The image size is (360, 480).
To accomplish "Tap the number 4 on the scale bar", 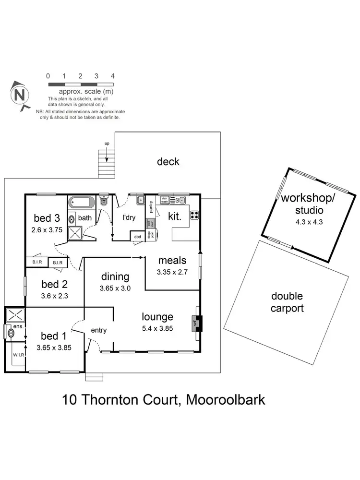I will pyautogui.click(x=112, y=76).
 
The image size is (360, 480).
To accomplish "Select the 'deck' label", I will pyautogui.click(x=168, y=162).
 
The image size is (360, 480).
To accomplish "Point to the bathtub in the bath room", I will pyautogui.click(x=82, y=203).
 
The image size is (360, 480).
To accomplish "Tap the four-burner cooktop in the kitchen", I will pyautogui.click(x=195, y=214).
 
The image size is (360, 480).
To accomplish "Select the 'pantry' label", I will pyautogui.click(x=151, y=207).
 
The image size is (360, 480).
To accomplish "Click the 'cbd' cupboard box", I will pyautogui.click(x=138, y=237).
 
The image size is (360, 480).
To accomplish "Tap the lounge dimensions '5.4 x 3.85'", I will pyautogui.click(x=157, y=329).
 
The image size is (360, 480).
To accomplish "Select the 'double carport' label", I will pyautogui.click(x=287, y=302).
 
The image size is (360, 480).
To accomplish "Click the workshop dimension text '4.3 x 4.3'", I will pyautogui.click(x=303, y=222).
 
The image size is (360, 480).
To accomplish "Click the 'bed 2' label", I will pyautogui.click(x=54, y=284).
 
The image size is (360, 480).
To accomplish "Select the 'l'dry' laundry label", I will pyautogui.click(x=128, y=217).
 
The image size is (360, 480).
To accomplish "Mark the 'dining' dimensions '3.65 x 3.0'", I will pyautogui.click(x=115, y=288).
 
